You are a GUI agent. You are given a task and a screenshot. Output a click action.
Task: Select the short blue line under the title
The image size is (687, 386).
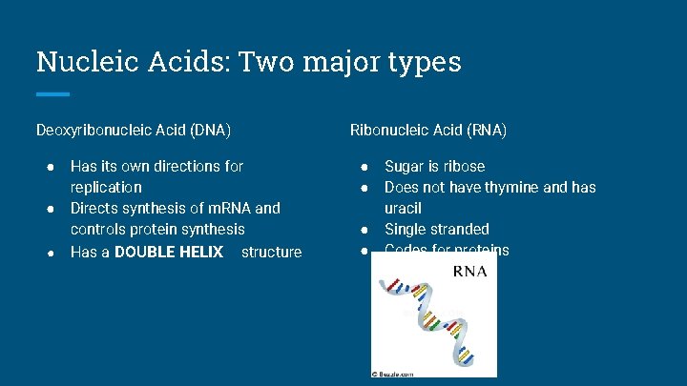(52, 93)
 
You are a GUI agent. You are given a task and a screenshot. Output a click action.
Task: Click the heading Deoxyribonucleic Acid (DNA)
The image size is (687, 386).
(134, 129)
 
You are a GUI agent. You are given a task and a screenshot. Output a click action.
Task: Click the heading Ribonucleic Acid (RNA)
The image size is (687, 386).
(428, 129)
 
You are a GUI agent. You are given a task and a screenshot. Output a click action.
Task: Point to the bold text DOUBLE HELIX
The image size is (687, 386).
(168, 252)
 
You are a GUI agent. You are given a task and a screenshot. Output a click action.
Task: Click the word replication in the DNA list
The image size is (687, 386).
(106, 187)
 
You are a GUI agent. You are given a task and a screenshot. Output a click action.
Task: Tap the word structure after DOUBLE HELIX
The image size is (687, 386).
(271, 252)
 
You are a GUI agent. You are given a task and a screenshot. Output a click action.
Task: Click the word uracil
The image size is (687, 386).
(403, 208)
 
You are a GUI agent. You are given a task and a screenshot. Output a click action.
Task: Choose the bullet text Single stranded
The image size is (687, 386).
(436, 229)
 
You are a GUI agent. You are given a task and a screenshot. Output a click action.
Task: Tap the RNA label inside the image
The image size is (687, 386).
(469, 271)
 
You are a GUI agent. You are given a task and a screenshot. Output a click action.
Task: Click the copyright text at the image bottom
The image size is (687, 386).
(392, 375)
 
